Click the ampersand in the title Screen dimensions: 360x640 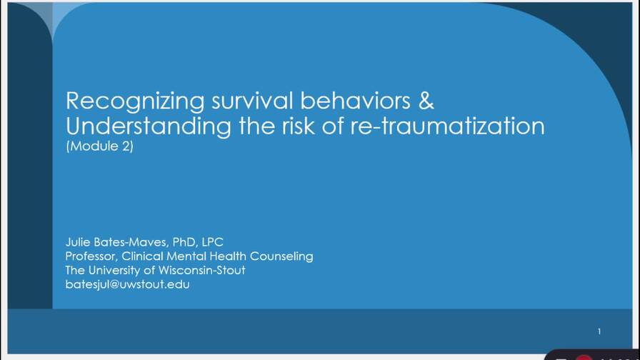(426, 101)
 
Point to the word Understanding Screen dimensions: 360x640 (148, 126)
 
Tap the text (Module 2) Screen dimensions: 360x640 (99, 147)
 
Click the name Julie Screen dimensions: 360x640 (79, 242)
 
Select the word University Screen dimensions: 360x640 (117, 270)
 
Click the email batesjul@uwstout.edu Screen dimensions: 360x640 (127, 284)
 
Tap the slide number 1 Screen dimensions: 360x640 (599, 331)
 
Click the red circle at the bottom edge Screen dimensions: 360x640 (584, 357)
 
